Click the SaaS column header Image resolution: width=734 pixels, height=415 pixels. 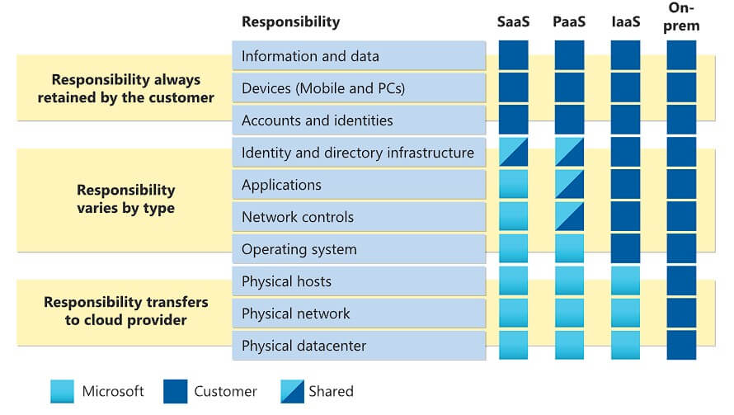coord(513,21)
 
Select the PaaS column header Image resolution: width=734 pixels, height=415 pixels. coord(569,21)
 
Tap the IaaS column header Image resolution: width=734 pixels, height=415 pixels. coord(625,21)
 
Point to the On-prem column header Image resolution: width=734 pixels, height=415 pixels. coord(681,17)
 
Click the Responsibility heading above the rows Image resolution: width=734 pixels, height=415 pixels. coord(290,22)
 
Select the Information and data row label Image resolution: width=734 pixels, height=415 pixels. coord(310,56)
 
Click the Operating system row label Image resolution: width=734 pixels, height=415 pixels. coord(299,249)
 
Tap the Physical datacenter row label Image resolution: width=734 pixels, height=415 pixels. coord(303,346)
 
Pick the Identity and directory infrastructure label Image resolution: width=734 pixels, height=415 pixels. coord(358,153)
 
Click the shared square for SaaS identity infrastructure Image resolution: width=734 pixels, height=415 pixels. coord(513,152)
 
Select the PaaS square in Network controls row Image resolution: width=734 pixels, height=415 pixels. coord(569,216)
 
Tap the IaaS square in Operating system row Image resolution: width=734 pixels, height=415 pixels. coord(625,248)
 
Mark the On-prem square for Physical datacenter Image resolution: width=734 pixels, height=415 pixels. coord(681,345)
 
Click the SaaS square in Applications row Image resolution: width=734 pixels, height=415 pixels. coord(513,184)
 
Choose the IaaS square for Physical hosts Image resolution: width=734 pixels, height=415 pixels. coord(625,281)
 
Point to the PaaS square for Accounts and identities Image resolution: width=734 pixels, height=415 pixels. coord(569,120)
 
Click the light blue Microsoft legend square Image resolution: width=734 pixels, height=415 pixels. coord(62,391)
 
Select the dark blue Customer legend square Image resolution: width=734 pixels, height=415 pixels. coord(176,391)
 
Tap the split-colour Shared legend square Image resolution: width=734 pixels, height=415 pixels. coord(292,391)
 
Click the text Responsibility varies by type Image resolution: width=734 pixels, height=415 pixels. coord(126,199)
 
